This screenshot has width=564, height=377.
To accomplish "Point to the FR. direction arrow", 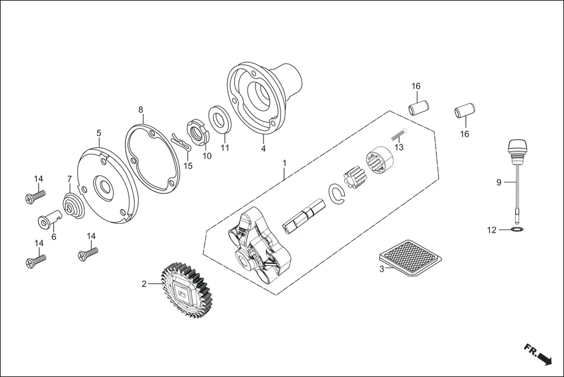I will click(538, 354).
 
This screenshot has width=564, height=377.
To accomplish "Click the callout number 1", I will click(285, 162).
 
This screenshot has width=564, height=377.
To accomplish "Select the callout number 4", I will click(264, 149).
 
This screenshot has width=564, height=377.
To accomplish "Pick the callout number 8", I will click(141, 109).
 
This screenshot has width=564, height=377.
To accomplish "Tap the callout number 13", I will click(399, 148).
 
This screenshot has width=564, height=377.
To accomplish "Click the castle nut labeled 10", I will click(198, 131).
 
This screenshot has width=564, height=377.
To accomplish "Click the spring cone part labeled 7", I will click(74, 206).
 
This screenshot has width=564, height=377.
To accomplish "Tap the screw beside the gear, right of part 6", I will click(88, 253).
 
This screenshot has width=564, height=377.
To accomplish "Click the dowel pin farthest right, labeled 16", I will click(465, 110).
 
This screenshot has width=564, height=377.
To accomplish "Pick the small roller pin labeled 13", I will click(398, 133).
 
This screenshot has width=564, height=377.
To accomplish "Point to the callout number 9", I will click(499, 182).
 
